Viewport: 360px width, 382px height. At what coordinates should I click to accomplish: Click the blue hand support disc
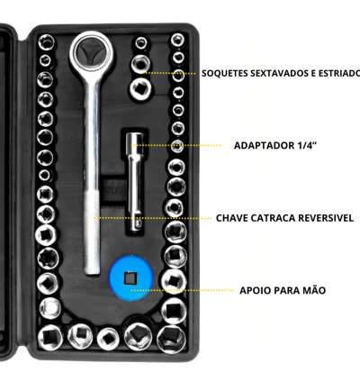tap(130, 277)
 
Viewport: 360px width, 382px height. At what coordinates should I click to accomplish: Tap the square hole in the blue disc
tap(130, 278)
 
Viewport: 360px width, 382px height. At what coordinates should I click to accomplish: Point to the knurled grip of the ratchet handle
tap(92, 232)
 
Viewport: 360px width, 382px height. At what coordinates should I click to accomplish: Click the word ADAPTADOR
tap(264, 146)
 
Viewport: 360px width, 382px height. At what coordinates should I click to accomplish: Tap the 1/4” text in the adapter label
tap(307, 146)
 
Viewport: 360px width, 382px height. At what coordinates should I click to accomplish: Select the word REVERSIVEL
tap(322, 218)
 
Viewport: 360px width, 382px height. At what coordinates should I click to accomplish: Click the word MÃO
tap(314, 290)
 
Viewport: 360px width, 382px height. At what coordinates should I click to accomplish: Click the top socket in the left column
tap(47, 41)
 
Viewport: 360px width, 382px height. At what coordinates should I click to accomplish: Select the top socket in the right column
tap(177, 40)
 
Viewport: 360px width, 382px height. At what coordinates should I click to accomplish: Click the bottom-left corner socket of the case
tap(50, 337)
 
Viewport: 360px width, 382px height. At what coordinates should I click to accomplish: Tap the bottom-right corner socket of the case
tap(172, 339)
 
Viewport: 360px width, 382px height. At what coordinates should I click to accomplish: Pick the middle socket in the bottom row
tap(108, 338)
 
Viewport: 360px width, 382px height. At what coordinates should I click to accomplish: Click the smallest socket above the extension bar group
tap(140, 43)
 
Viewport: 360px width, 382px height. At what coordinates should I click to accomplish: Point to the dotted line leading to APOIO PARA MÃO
tap(183, 290)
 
